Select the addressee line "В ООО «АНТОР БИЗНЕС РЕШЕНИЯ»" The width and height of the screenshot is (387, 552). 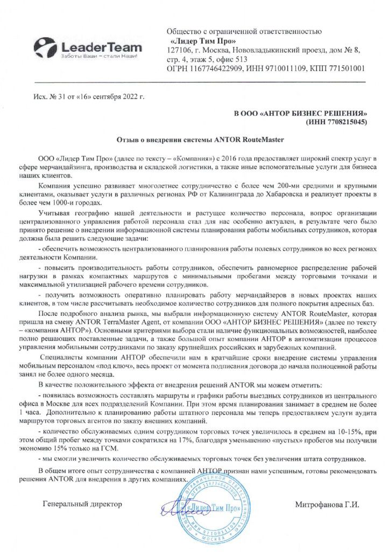click(x=300, y=114)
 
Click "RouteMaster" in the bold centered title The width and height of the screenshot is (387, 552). click(x=261, y=139)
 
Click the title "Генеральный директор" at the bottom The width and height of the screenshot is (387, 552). click(x=82, y=505)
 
